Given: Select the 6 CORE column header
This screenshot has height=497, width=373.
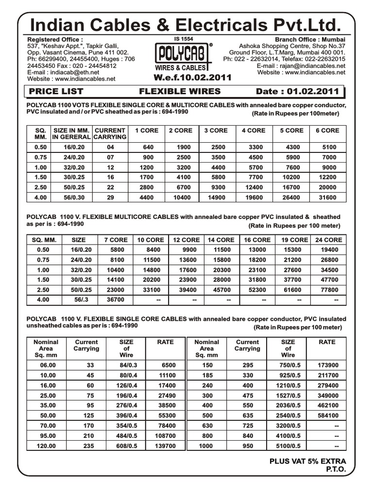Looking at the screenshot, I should pyautogui.click(x=327, y=131).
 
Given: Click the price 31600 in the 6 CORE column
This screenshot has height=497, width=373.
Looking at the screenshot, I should pyautogui.click(x=327, y=198).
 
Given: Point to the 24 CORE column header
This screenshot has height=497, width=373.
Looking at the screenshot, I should pyautogui.click(x=328, y=240).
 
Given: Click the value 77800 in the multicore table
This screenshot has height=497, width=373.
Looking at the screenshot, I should pyautogui.click(x=328, y=289).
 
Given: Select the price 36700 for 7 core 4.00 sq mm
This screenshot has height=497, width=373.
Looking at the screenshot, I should pyautogui.click(x=115, y=300).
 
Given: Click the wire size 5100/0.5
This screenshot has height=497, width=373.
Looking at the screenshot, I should pyautogui.click(x=288, y=446).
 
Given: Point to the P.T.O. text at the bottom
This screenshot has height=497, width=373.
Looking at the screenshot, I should pyautogui.click(x=335, y=470).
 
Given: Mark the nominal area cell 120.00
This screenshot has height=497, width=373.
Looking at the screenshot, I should pyautogui.click(x=46, y=446).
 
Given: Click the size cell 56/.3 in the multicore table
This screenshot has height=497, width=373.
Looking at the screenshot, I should pyautogui.click(x=78, y=300).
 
